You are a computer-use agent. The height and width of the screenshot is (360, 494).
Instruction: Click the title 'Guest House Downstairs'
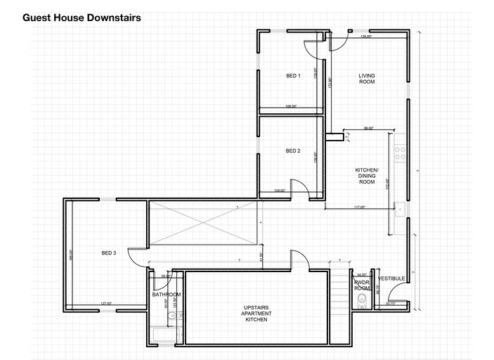(x=82, y=18)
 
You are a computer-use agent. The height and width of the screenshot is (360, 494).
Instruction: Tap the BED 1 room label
(x=293, y=75)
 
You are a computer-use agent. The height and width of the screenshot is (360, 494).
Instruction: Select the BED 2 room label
(x=293, y=151)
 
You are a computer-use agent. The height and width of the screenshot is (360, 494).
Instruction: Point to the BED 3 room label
(x=109, y=253)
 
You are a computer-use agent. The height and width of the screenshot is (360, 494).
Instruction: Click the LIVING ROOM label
(x=367, y=79)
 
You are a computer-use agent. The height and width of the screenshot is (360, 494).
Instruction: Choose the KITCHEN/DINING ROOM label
(x=367, y=176)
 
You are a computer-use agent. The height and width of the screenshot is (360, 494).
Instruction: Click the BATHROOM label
(x=167, y=295)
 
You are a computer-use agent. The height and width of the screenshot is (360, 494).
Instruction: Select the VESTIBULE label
(x=392, y=278)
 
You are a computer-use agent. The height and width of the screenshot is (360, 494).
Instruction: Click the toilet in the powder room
(x=361, y=302)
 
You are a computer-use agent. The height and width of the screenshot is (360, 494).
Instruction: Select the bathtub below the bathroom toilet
(x=166, y=336)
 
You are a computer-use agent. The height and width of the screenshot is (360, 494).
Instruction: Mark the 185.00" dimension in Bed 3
(x=71, y=256)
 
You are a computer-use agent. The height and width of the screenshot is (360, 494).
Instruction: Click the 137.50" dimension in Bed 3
(x=107, y=304)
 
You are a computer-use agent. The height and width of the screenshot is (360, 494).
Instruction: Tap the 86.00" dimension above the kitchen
(x=368, y=129)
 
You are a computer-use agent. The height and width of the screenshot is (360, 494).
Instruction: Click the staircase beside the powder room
(x=343, y=291)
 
